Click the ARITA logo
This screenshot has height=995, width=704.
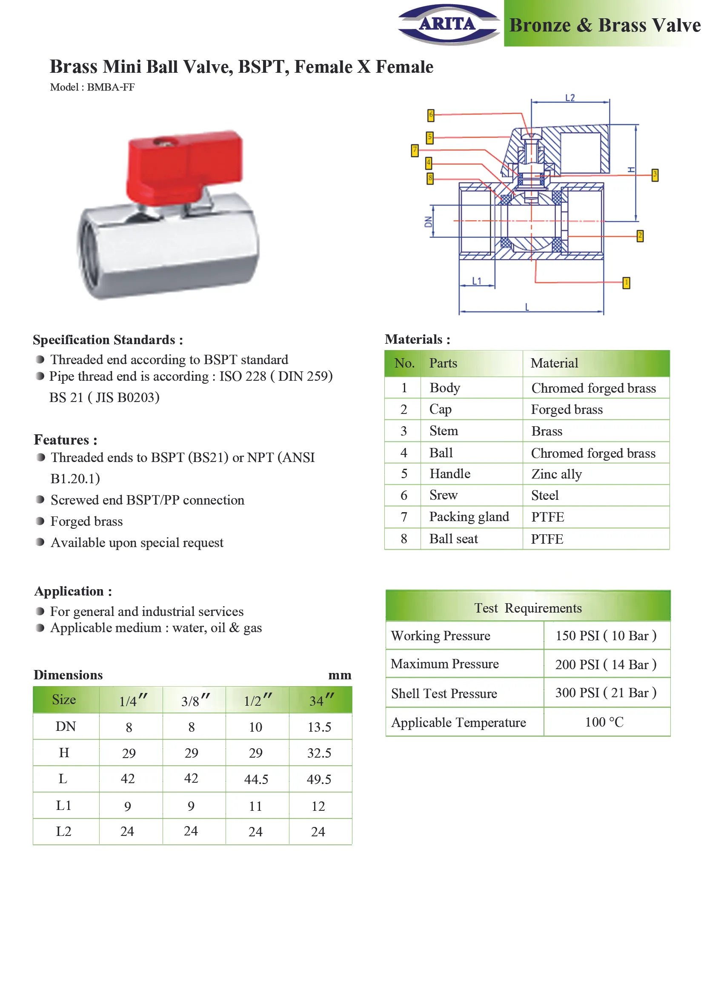[449, 24]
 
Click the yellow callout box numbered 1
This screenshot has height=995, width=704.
[626, 283]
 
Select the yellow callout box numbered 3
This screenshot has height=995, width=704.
[655, 175]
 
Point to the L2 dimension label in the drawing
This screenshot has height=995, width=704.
[570, 98]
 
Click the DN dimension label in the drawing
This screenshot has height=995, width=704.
[428, 222]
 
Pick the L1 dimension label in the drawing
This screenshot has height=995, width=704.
[477, 281]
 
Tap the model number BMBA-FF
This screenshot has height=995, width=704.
[111, 87]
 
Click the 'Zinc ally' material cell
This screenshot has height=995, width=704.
[557, 474]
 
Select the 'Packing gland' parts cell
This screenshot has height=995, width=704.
[469, 516]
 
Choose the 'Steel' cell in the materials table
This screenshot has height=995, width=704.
[545, 495]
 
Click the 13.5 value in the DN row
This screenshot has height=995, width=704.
[320, 727]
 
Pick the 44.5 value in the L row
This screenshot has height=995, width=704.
[256, 779]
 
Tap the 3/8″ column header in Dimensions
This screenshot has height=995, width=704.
[195, 700]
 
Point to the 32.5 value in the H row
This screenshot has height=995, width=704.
[320, 753]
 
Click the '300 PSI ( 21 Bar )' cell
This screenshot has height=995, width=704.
[606, 693]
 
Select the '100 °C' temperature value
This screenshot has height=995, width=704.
[604, 722]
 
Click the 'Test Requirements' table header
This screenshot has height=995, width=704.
[528, 608]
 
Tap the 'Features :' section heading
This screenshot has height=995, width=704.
[66, 440]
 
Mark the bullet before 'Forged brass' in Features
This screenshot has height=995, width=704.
[40, 521]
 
